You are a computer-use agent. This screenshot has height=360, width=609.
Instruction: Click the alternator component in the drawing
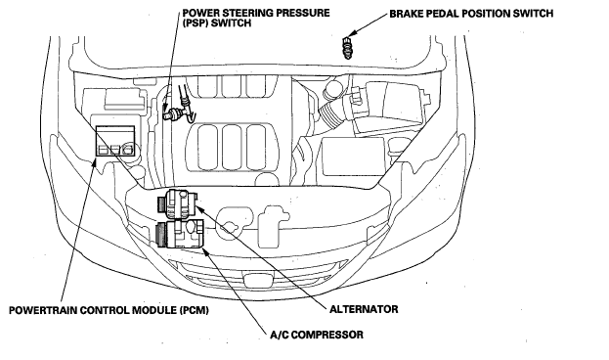click(x=177, y=203)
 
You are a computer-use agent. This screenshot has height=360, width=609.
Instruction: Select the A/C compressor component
click(x=179, y=234)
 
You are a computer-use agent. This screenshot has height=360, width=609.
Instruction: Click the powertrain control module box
click(x=115, y=141)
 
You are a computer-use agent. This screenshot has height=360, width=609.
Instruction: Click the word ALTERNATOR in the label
click(x=364, y=309)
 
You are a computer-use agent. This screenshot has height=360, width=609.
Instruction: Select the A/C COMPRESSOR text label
click(x=317, y=335)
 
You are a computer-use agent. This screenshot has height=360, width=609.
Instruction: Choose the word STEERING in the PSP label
click(x=246, y=13)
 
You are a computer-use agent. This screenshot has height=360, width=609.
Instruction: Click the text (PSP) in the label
click(x=196, y=22)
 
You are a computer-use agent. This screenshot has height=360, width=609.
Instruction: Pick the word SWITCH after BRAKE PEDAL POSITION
click(x=533, y=14)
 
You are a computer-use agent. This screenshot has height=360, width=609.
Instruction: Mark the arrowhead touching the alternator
click(x=197, y=208)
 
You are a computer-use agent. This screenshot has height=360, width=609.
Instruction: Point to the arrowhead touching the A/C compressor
click(x=206, y=251)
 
